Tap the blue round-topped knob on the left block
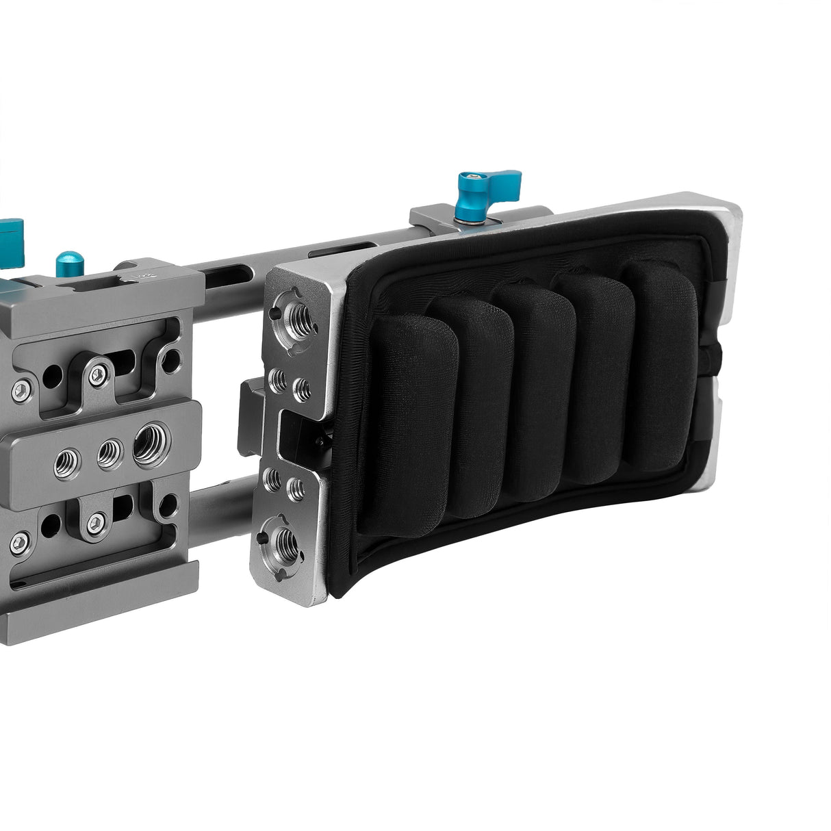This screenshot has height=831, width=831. (x=69, y=264)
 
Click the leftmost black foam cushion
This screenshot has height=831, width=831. (x=409, y=424)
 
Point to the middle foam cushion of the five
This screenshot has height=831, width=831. (x=535, y=390)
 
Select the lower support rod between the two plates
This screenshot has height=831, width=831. (x=219, y=507)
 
